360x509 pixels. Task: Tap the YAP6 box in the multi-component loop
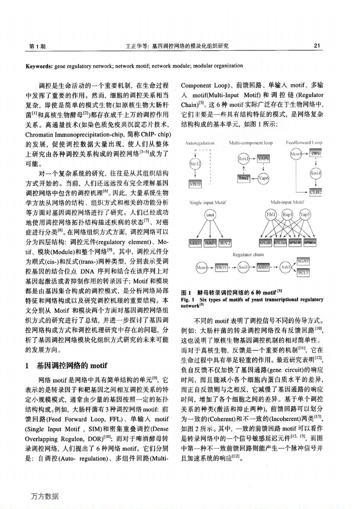[263, 158]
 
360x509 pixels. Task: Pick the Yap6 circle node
[263, 178]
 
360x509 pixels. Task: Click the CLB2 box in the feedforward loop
[316, 192]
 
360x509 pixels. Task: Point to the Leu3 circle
[211, 215]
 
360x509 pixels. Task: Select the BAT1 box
[210, 243]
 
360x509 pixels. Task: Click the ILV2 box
[225, 243]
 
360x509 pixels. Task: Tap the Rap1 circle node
[288, 215]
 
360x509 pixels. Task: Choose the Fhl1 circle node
[271, 215]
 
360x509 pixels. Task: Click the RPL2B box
[265, 243]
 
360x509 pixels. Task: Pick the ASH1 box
[263, 267]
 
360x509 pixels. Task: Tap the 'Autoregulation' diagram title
[200, 143]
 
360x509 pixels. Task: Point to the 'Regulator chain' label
[248, 254]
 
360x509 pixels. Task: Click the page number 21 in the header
[318, 46]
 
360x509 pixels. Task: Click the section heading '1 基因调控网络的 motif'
[66, 365]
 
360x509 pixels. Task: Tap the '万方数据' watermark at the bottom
[45, 496]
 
